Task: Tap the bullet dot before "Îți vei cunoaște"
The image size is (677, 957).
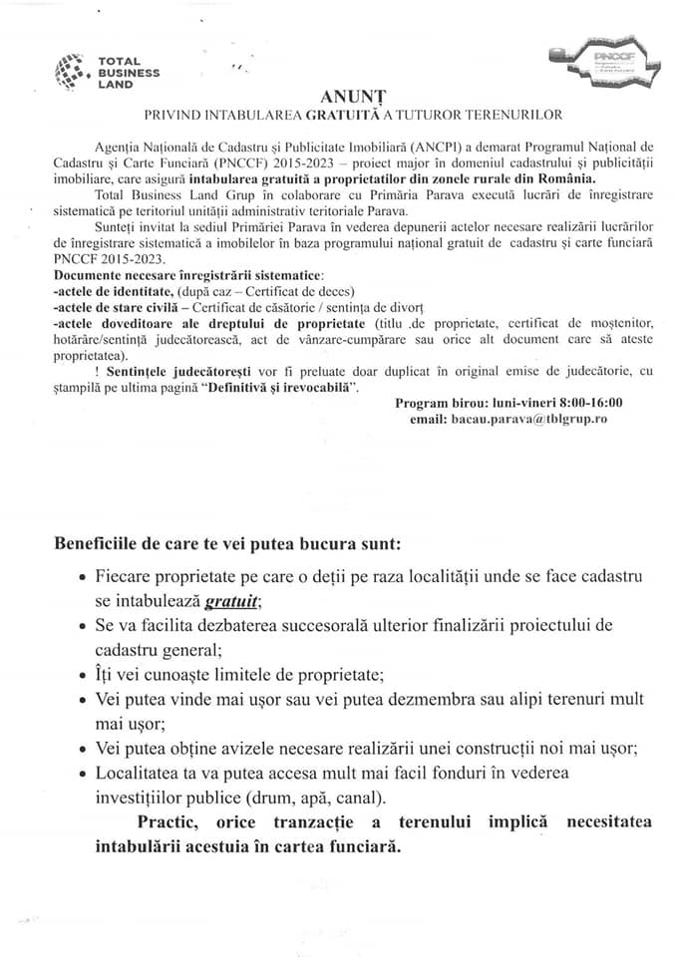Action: coord(81,675)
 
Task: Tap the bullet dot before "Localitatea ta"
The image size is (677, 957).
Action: coord(81,773)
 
